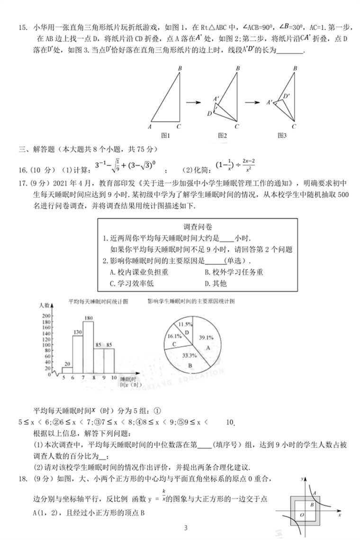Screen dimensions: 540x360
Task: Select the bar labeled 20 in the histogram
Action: (67, 370)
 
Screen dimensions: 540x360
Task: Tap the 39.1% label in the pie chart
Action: (205, 337)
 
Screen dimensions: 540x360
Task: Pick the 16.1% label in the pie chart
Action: (171, 336)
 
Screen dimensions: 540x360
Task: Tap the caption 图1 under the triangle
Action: (165, 135)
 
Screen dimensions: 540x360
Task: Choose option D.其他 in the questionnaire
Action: (216, 283)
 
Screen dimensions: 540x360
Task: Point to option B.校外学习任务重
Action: (234, 272)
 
